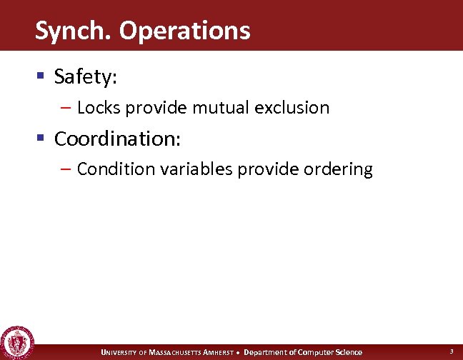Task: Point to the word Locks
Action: pos(96,108)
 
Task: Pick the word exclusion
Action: pos(294,108)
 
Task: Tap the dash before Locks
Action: pos(66,108)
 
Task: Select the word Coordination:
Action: pos(118,138)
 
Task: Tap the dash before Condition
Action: pos(66,169)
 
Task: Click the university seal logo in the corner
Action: pos(16,342)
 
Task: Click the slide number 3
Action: pos(451,351)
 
